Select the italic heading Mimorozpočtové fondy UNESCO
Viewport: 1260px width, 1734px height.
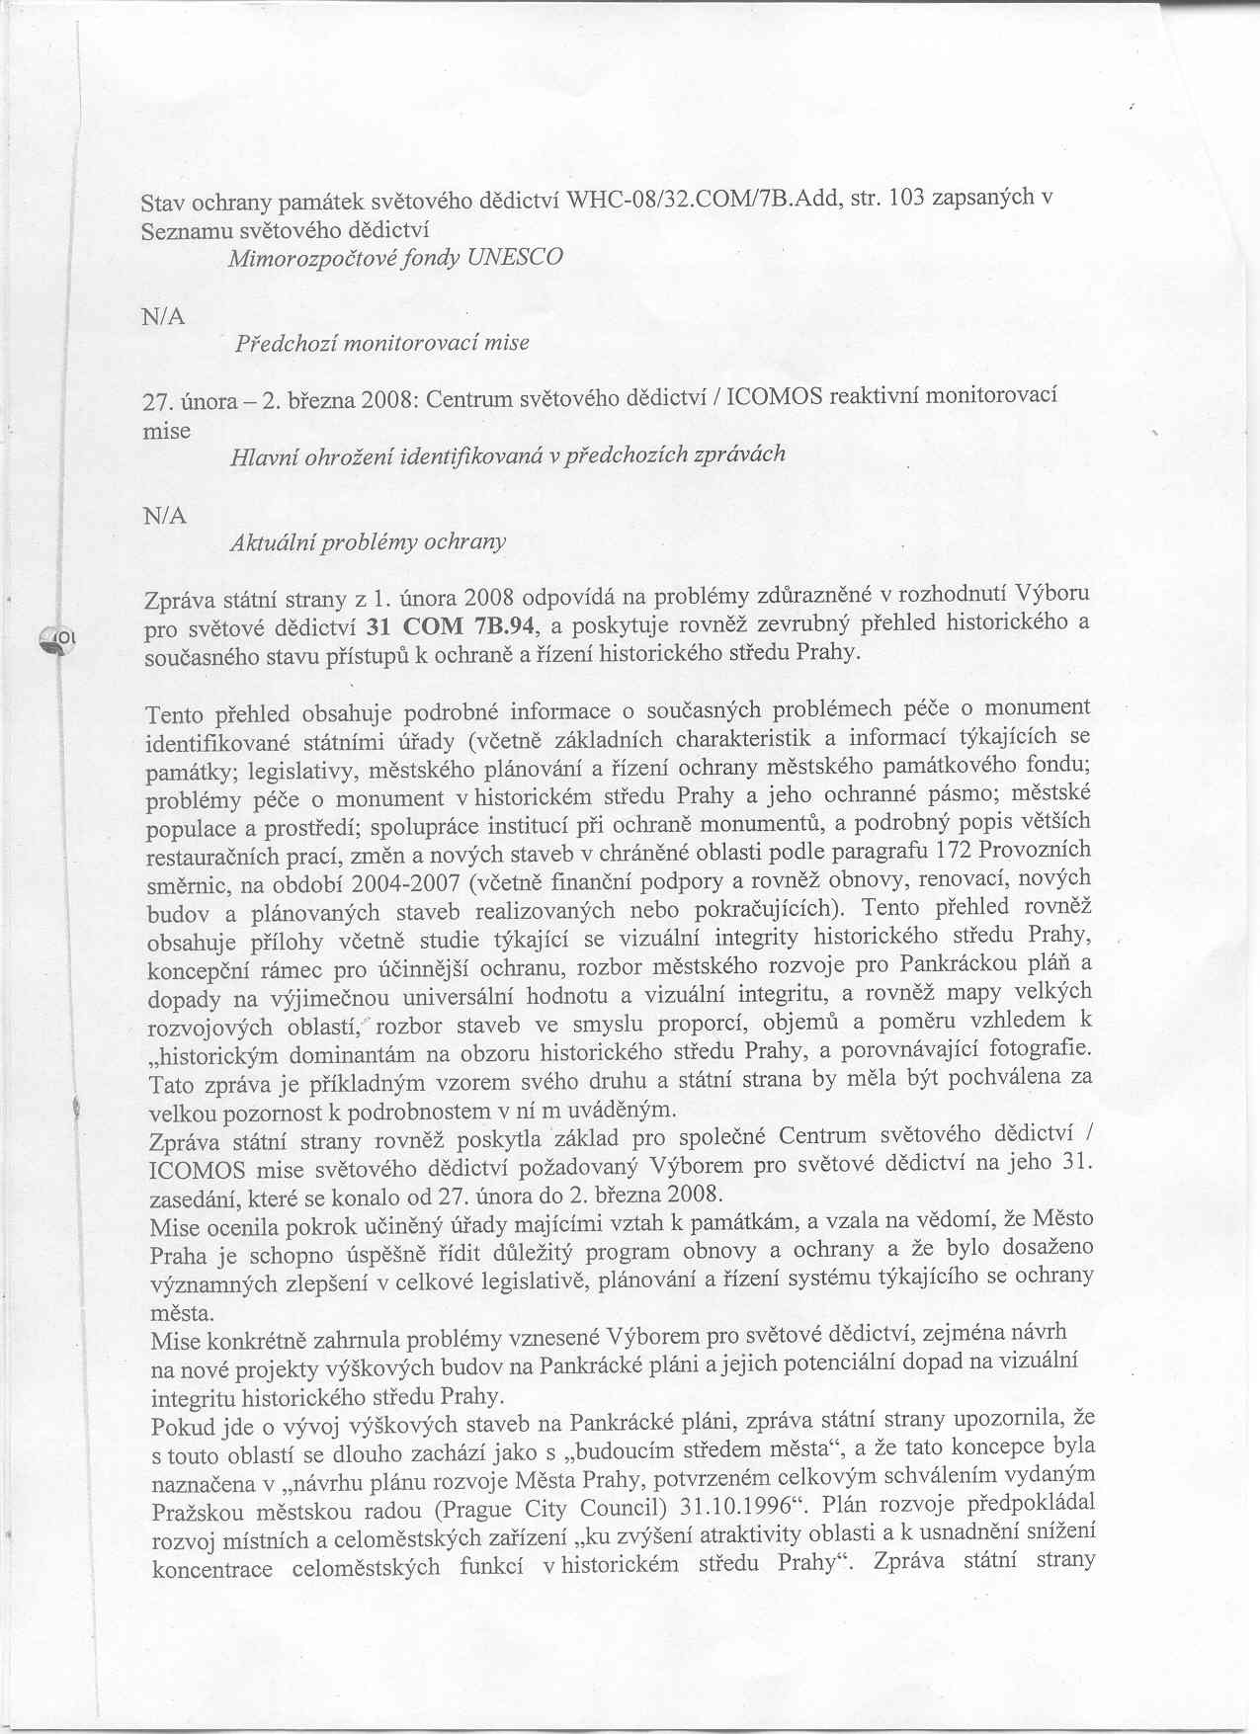[395, 258]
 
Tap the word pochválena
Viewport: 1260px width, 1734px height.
[998, 1075]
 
